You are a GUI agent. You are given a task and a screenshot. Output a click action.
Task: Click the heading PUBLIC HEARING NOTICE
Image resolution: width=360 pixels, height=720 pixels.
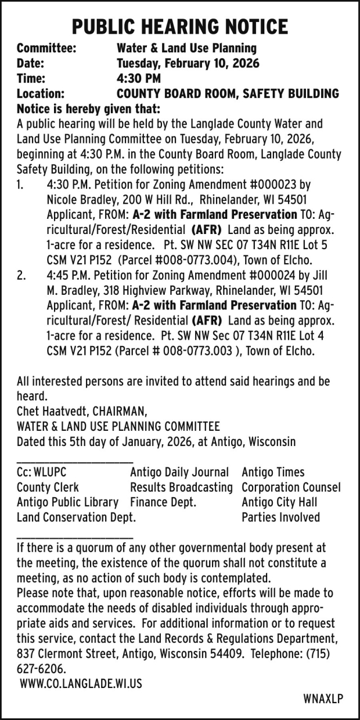tap(180, 26)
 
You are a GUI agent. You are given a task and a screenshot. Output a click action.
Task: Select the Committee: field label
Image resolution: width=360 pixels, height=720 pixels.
tap(47, 48)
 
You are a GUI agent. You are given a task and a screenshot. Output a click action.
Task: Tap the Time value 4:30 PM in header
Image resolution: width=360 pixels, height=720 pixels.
tap(138, 79)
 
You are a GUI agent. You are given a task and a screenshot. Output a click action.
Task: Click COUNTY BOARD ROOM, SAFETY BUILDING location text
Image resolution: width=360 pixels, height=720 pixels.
tap(228, 94)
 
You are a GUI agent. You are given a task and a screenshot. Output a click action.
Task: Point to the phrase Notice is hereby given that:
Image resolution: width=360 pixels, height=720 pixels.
tap(88, 109)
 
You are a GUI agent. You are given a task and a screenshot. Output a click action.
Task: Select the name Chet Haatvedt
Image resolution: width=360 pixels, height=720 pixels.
tap(52, 411)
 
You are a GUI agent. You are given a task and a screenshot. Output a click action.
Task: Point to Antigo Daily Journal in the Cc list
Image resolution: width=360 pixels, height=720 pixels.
tap(179, 472)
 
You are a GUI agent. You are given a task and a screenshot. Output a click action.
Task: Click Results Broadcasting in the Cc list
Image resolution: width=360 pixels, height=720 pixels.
tap(181, 488)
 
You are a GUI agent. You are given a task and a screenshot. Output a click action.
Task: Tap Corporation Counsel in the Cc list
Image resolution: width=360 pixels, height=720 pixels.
tap(291, 488)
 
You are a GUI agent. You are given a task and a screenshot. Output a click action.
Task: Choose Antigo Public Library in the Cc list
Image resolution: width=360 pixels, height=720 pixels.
tap(67, 502)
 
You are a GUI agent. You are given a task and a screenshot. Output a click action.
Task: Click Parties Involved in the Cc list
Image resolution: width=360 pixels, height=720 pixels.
tap(280, 517)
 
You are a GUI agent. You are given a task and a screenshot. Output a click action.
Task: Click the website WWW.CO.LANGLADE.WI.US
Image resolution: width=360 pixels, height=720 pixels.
tap(81, 684)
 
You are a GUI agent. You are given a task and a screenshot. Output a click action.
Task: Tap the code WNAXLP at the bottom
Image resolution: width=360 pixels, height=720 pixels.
tap(322, 699)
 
